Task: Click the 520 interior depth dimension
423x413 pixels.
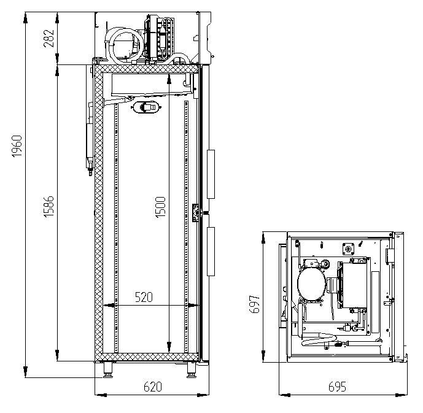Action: [143, 298]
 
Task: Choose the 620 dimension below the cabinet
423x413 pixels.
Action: [153, 387]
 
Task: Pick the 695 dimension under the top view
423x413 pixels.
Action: [337, 387]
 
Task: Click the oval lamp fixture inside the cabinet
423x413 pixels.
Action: [147, 107]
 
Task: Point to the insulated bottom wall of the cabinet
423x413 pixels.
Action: [147, 357]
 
